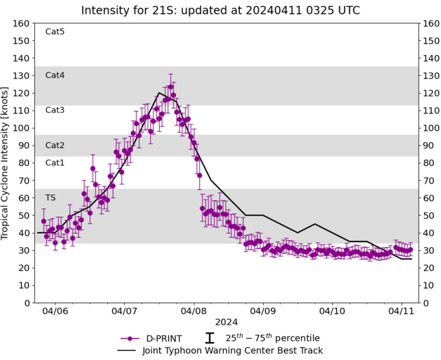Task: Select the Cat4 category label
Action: pos(55,75)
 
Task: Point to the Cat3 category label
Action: pos(55,110)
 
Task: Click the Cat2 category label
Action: pos(55,145)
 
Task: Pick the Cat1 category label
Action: pos(55,163)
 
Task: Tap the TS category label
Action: pos(50,197)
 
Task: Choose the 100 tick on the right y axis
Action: pos(432,128)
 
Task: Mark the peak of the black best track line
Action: pos(159,93)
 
